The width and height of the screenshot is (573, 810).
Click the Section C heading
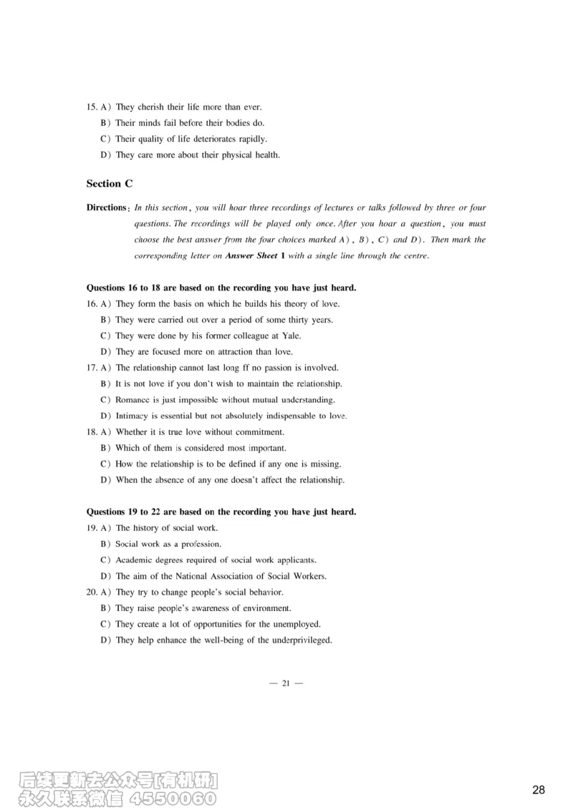[x=110, y=184]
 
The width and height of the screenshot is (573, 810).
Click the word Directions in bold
[x=107, y=208]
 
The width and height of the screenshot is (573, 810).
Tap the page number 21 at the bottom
[x=285, y=683]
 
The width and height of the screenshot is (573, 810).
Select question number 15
[x=91, y=107]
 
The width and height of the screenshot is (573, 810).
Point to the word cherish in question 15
[x=150, y=107]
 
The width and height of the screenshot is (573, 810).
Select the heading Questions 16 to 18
[x=221, y=288]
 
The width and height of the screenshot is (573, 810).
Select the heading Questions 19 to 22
[x=221, y=512]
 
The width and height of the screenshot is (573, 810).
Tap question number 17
[x=91, y=368]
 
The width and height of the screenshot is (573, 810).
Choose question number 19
[x=91, y=528]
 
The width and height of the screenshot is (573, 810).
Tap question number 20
[x=91, y=592]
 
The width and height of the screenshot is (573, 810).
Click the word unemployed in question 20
[x=296, y=624]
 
